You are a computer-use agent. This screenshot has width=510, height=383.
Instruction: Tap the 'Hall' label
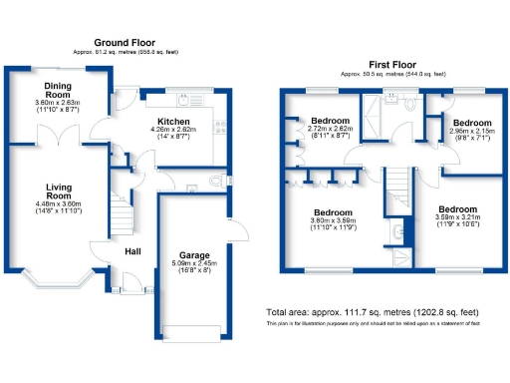click(x=132, y=250)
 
